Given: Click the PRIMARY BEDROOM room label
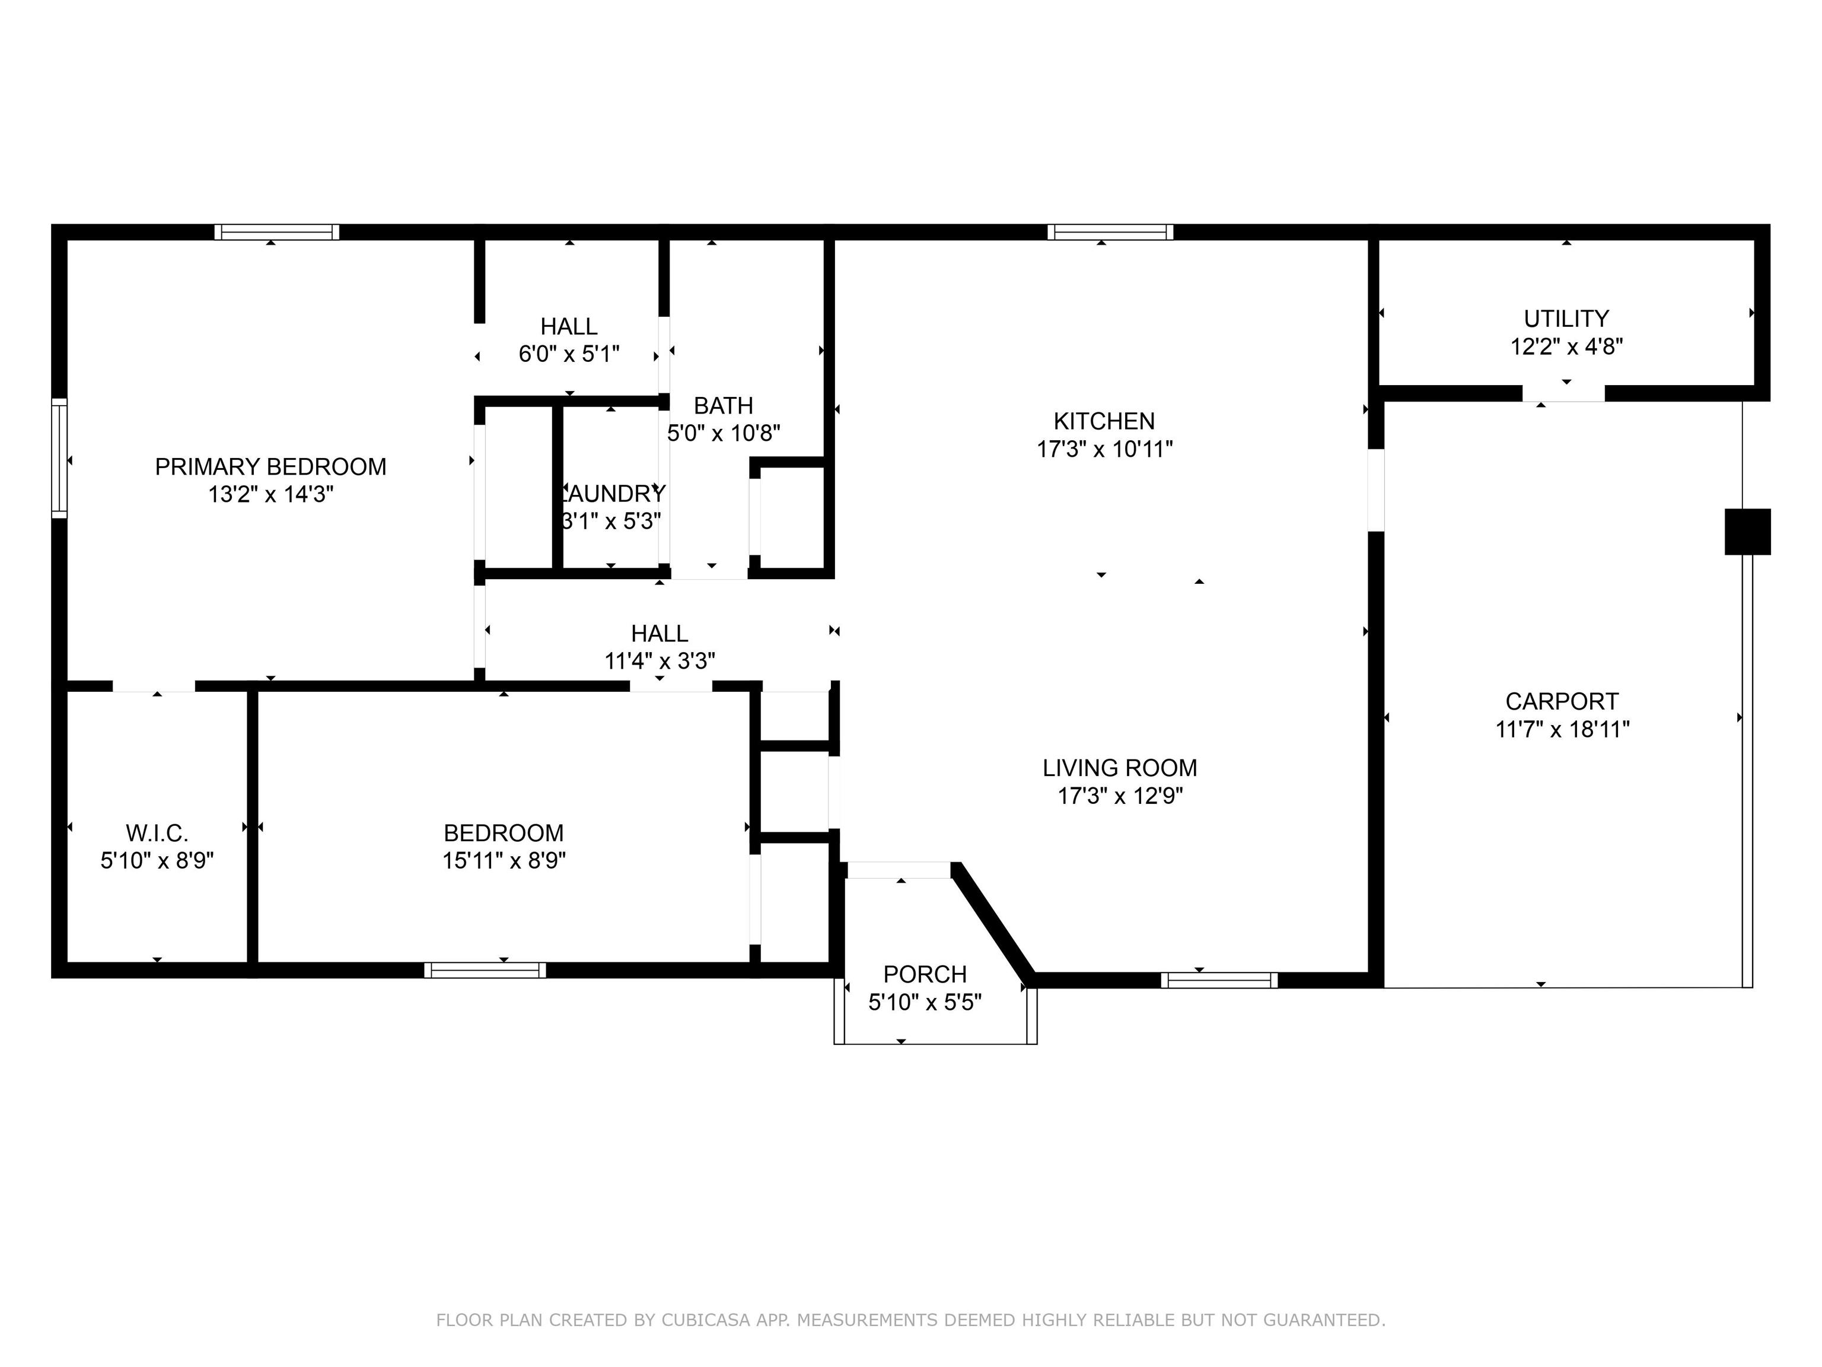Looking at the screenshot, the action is pos(270,466).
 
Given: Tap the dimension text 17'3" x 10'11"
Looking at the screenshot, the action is pos(1104,449).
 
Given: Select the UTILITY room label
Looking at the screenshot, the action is pos(1566,318).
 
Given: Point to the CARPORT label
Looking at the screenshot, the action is pos(1562,701).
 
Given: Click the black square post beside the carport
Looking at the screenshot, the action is pos(1747,532).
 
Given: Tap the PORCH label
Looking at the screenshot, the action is pos(924,974).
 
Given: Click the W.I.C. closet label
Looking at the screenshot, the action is pos(157,832).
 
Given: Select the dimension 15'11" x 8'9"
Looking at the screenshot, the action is pos(504,860).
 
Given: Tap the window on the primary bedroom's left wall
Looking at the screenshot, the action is pos(59,458).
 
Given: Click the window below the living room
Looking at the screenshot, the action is pos(1219,980).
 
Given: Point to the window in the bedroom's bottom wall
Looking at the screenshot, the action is pos(485,970).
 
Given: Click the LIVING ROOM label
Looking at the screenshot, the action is pos(1119,768).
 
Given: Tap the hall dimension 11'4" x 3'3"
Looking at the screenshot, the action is pos(659,661).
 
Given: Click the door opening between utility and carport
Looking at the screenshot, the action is pos(1563,394).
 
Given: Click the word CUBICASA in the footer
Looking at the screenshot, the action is pos(706,1320).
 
